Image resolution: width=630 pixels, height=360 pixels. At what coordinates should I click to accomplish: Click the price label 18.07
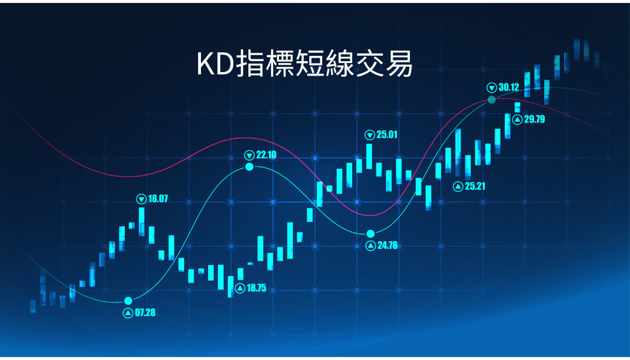[158, 199]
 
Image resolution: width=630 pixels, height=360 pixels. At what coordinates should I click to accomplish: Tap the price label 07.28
[145, 313]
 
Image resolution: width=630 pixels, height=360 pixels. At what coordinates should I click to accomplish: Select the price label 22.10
[266, 155]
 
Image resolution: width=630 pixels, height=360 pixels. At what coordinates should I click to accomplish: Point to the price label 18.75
[256, 288]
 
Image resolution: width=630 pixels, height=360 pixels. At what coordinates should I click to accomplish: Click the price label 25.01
[387, 134]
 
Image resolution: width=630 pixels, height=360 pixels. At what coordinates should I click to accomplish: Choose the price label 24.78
[388, 245]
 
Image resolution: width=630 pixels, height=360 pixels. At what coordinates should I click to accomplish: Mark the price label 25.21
[475, 186]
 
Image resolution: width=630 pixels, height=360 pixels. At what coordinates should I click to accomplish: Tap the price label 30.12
[509, 87]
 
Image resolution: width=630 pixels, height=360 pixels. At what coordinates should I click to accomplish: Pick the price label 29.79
[535, 119]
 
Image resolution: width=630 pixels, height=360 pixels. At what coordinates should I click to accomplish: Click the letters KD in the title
[215, 64]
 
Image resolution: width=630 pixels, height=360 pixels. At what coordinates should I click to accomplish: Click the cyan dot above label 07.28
[128, 301]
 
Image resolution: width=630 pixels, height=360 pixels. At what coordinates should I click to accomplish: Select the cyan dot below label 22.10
[250, 167]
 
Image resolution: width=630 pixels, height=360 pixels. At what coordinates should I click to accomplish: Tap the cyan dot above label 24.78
[370, 234]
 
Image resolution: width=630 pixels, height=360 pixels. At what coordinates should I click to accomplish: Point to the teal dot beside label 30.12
[491, 100]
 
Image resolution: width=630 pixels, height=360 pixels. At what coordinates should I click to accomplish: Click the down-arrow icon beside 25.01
[370, 135]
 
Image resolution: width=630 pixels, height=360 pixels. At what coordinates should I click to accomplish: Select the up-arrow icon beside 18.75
[240, 289]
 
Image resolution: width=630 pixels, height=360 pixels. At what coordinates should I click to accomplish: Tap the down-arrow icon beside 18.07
[142, 199]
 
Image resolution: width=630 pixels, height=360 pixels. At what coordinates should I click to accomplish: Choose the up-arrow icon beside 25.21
[458, 187]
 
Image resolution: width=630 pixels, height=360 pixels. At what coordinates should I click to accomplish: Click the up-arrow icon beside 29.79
[517, 119]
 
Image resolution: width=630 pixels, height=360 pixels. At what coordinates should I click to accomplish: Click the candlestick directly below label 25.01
[369, 156]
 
